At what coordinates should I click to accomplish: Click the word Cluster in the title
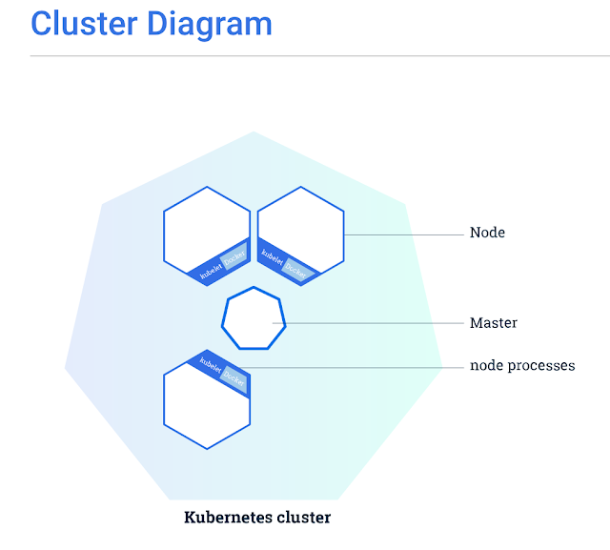[x=85, y=24]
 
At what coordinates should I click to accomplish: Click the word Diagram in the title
[x=211, y=24]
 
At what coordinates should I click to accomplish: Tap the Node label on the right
[x=487, y=233]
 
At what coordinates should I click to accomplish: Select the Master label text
[x=493, y=323]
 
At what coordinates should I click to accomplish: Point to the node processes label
[x=521, y=366]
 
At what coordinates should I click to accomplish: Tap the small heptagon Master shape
[x=254, y=319]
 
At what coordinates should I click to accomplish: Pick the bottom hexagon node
[x=205, y=405]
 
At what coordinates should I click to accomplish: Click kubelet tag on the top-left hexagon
[x=211, y=270]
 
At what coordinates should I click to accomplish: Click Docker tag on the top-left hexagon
[x=234, y=257]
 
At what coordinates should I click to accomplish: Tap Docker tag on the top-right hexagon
[x=296, y=270]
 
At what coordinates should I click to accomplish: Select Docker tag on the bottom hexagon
[x=234, y=377]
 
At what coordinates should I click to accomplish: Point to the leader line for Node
[x=405, y=234]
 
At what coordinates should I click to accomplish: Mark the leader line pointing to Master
[x=372, y=324]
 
